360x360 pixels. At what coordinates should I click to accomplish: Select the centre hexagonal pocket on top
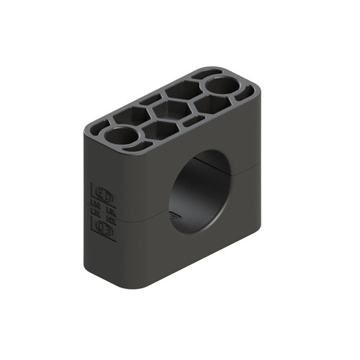[x=168, y=112]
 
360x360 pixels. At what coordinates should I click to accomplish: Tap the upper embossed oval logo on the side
[x=103, y=195]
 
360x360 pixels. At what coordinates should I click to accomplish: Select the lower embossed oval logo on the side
[x=104, y=229]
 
